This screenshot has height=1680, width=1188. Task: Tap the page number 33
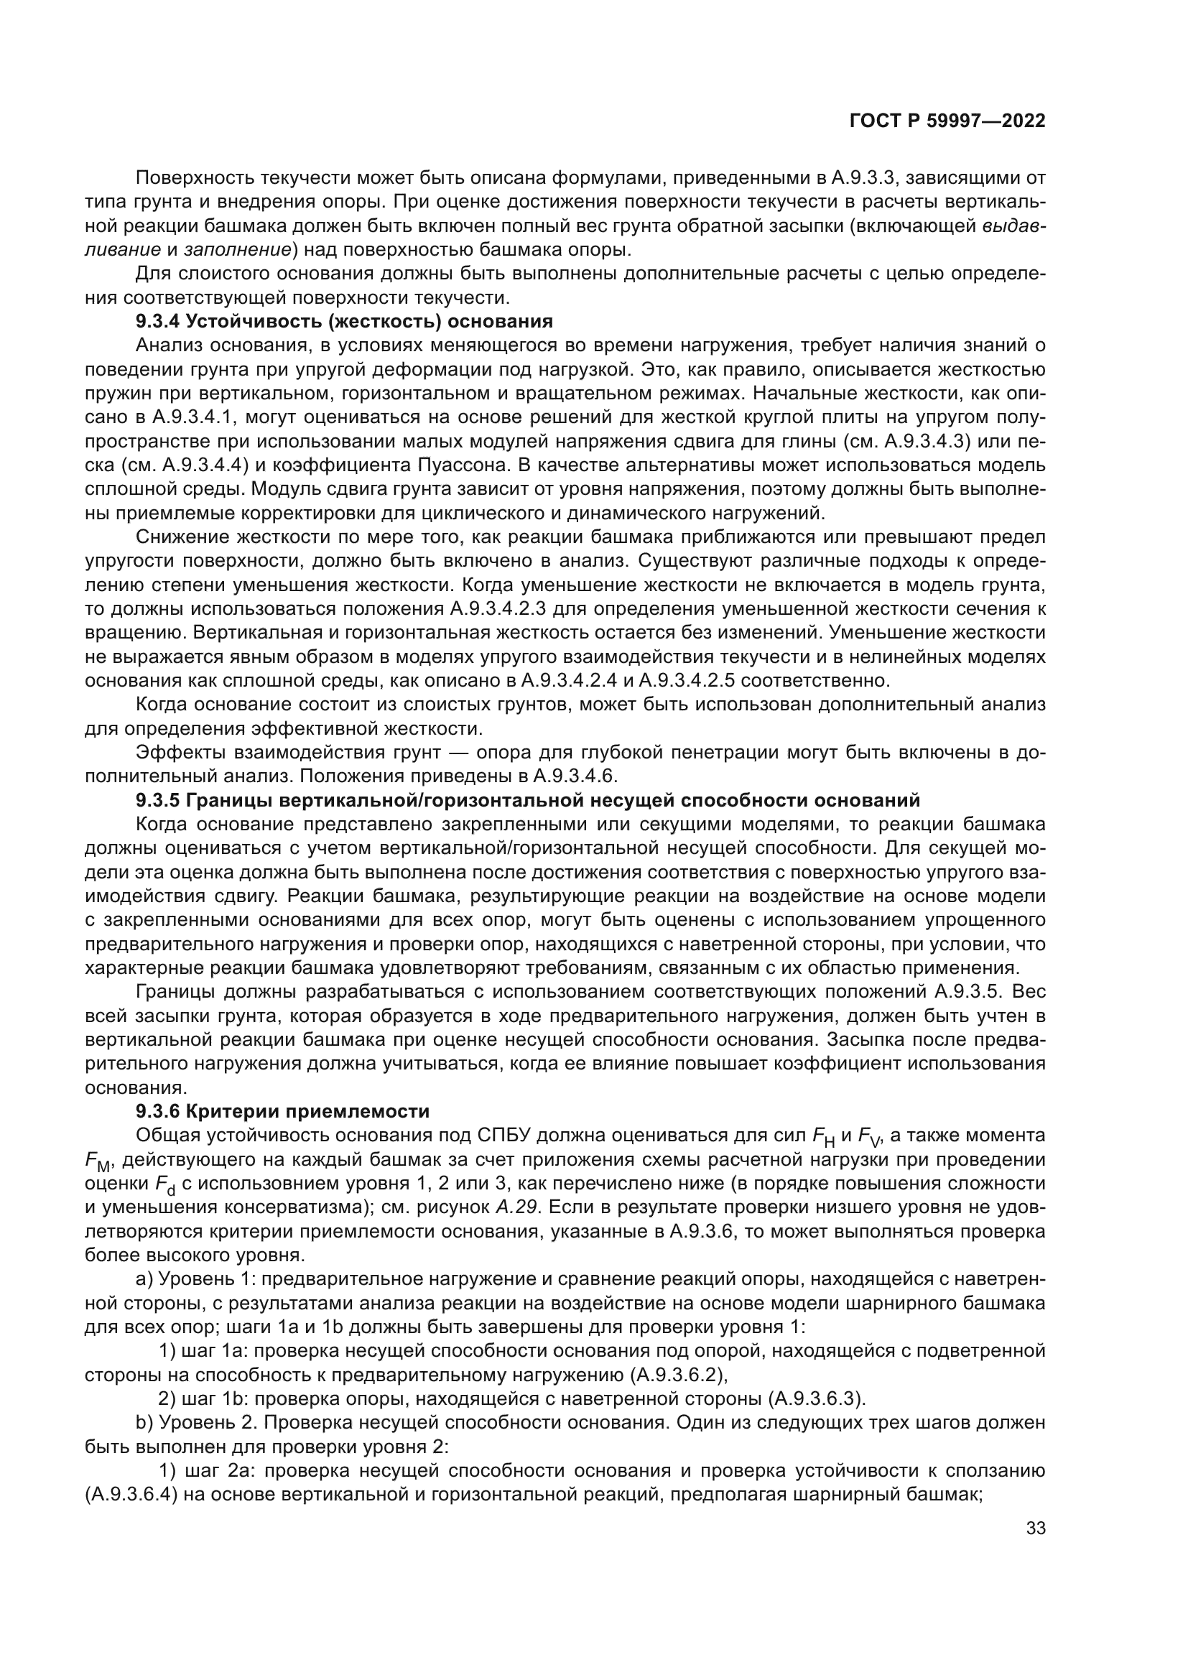(x=1035, y=1528)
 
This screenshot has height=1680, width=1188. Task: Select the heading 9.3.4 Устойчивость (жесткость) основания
(x=344, y=321)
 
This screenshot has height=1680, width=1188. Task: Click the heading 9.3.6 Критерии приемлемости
(x=282, y=1111)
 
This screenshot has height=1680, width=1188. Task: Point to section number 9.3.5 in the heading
(x=157, y=799)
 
